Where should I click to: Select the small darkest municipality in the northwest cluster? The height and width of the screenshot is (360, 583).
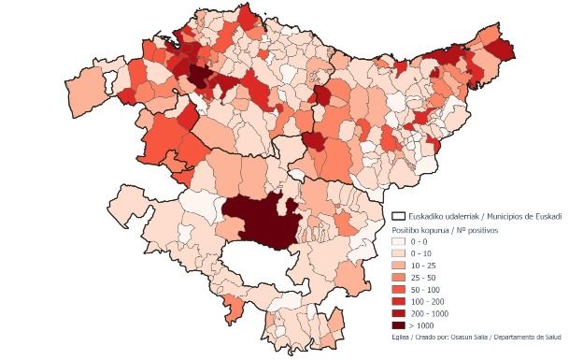pos(198,75)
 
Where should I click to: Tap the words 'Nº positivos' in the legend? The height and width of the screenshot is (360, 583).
pos(476,228)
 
